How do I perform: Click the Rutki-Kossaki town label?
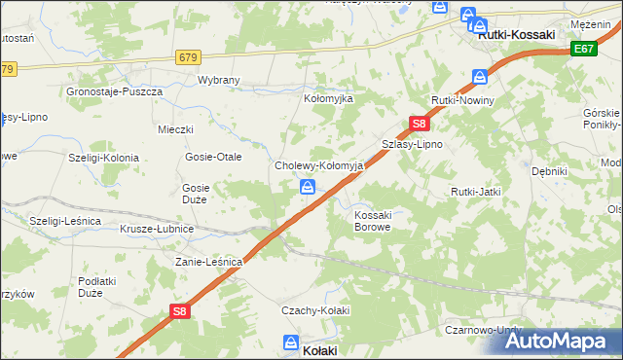click(517, 34)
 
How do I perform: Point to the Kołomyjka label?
click(331, 99)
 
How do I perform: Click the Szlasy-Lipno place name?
click(412, 144)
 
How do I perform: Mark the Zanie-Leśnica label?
click(208, 262)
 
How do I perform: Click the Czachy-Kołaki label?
click(314, 309)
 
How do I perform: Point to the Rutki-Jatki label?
click(475, 192)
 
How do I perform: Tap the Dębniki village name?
click(549, 170)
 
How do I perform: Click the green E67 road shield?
click(584, 49)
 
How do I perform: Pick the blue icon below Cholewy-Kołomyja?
click(307, 186)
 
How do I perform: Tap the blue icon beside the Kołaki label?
click(291, 342)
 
